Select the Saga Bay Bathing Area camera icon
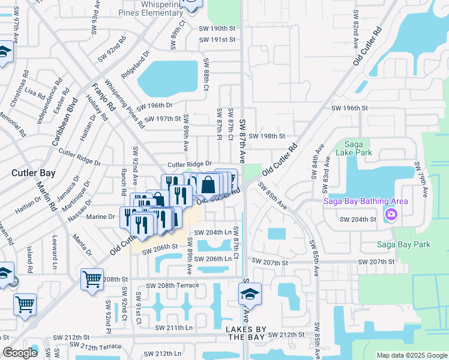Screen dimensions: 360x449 point(391,214)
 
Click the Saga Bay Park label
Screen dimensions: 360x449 point(403,244)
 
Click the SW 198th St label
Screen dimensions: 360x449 point(267,136)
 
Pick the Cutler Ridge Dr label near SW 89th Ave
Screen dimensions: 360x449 point(190,164)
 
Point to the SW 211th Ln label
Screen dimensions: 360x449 point(174,328)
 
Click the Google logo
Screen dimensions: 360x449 point(20,353)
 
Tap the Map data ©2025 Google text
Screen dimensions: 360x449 point(411,355)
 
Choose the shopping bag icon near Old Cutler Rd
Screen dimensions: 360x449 point(208,184)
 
